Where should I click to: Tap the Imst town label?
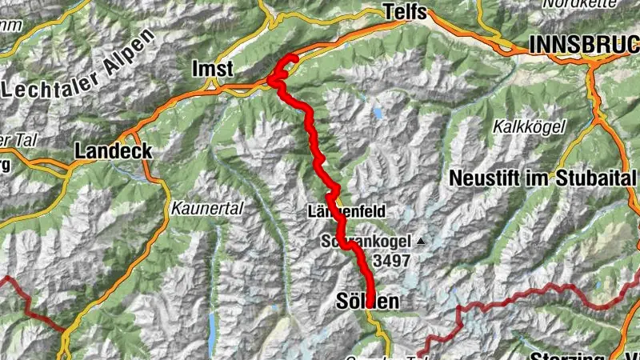(x=212, y=70)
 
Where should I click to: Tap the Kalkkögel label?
(x=529, y=126)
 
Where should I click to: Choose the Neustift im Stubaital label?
(x=542, y=178)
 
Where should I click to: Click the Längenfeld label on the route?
(x=346, y=212)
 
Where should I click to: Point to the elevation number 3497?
(x=391, y=260)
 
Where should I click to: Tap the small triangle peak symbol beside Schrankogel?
(x=420, y=241)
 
